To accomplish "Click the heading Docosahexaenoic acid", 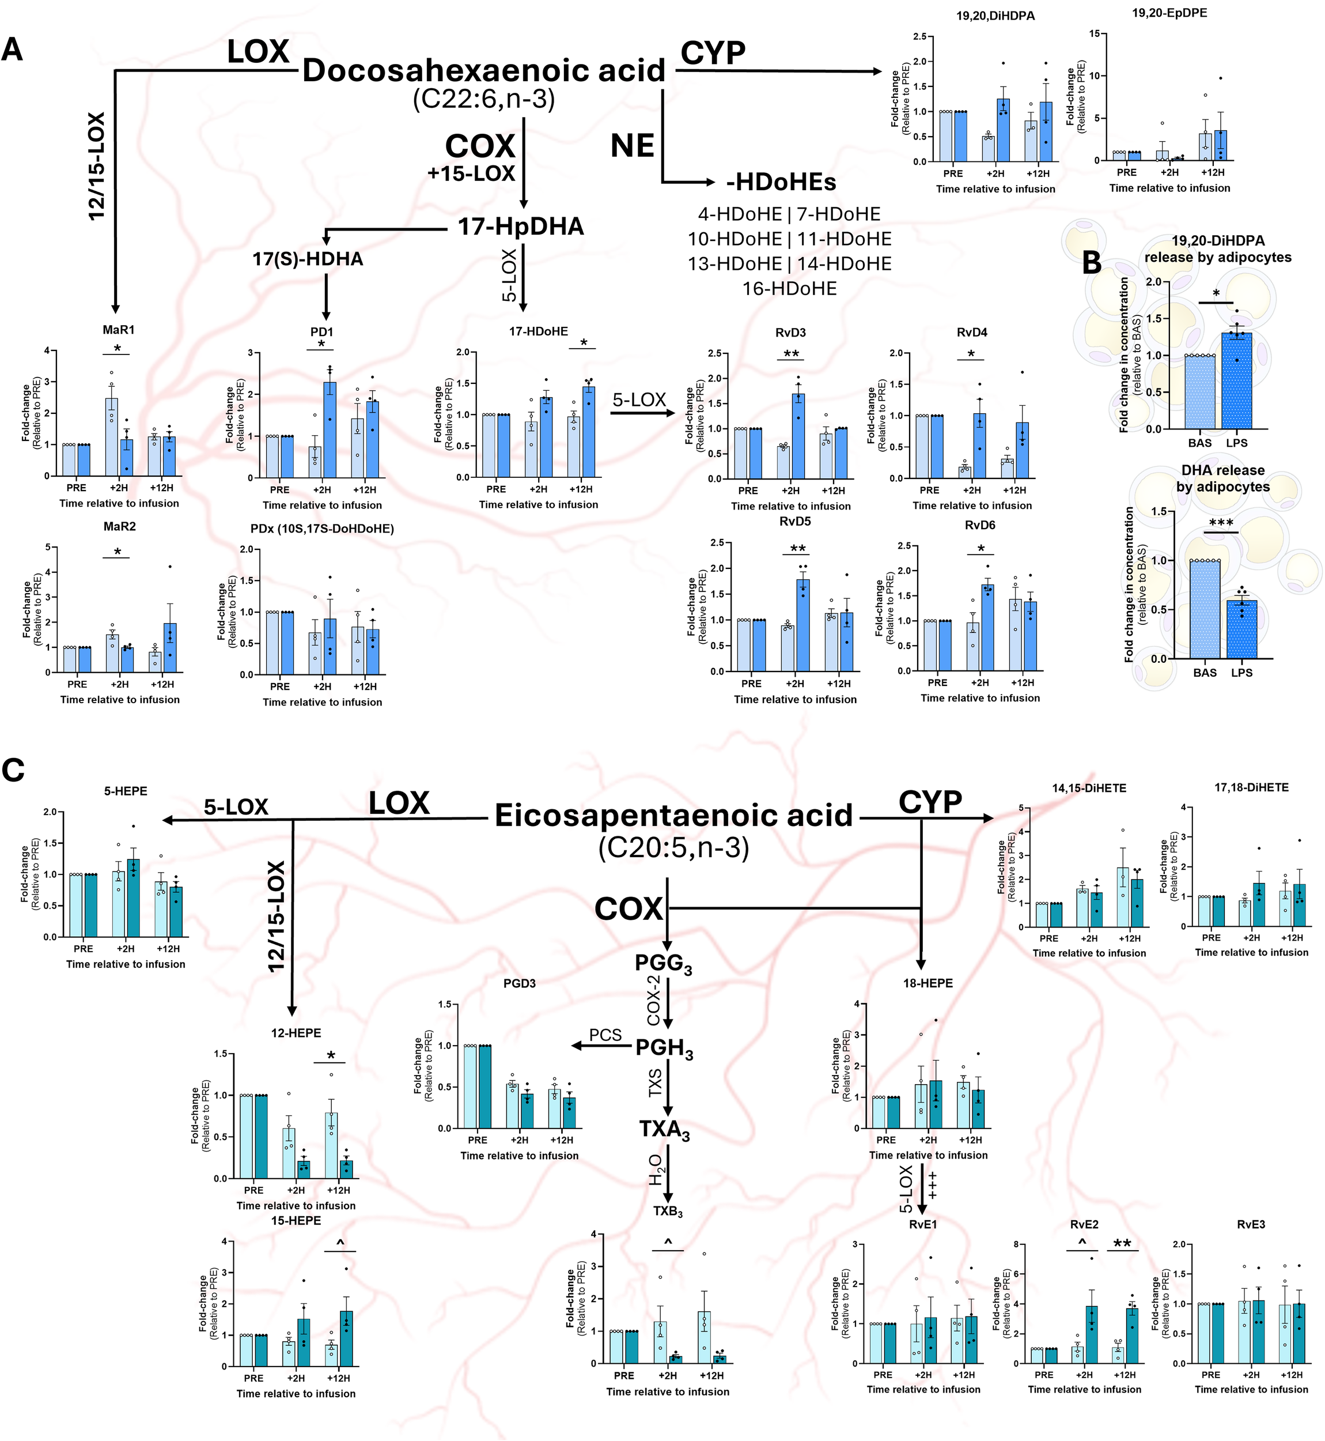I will click(484, 70).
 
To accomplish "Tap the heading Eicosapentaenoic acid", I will click(673, 816).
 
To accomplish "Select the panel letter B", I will click(1091, 263).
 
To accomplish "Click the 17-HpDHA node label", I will click(521, 227).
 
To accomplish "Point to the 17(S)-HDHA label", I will click(308, 259).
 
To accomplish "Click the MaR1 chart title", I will click(118, 330).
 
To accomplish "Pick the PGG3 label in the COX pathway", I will click(663, 963).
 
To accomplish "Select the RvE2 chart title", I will click(1084, 1224).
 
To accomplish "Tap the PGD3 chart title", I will click(519, 983).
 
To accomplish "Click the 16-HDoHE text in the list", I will click(789, 289).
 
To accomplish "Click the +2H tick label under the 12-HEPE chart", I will click(296, 1190).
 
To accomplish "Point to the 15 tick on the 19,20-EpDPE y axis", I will click(1094, 33).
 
